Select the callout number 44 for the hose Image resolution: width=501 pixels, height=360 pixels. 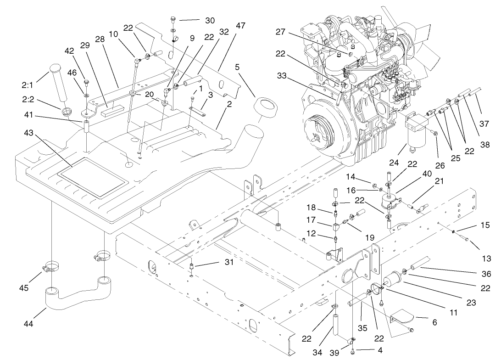pos(28,324)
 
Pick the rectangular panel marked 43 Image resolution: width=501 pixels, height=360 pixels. pos(92,177)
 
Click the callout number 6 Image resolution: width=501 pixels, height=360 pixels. pos(434,322)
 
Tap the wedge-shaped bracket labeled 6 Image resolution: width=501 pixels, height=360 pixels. pos(404,319)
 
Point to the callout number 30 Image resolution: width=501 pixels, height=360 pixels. pos(209,20)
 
